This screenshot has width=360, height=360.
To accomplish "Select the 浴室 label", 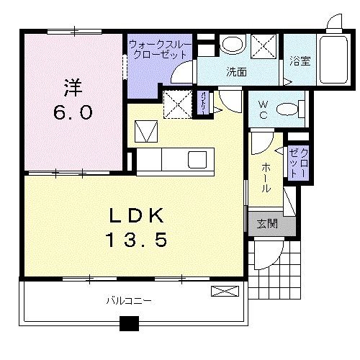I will [x=300, y=62].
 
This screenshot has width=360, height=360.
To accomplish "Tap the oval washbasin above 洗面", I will [x=231, y=45].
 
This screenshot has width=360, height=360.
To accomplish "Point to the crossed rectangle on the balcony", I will [x=224, y=291].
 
